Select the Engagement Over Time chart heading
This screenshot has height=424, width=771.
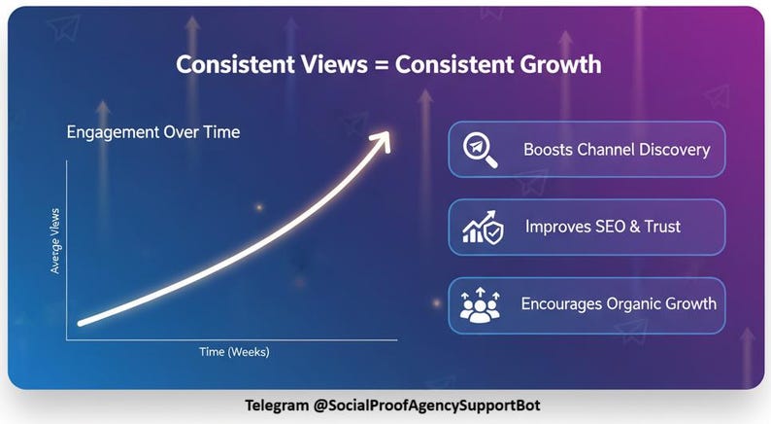[152, 133]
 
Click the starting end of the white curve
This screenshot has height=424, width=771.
[81, 322]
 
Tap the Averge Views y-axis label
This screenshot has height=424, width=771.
[55, 240]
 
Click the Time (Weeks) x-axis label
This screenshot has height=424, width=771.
[234, 351]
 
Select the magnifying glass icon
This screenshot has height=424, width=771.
[478, 149]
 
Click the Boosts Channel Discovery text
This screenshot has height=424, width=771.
[616, 150]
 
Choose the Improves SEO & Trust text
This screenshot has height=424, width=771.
[602, 227]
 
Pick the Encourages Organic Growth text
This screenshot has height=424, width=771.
[619, 303]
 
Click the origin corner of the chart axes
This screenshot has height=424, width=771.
[66, 340]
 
